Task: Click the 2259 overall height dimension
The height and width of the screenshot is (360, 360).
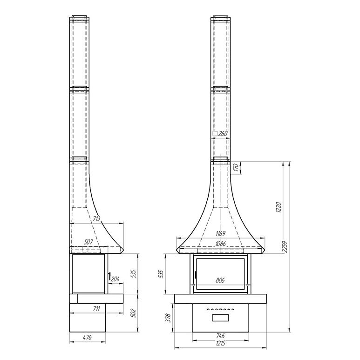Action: (285, 247)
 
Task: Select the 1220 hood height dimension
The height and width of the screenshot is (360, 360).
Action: (278, 207)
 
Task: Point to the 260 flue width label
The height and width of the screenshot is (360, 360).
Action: (223, 133)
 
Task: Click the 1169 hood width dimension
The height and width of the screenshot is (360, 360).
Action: (220, 234)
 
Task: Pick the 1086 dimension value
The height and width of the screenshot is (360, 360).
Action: (220, 244)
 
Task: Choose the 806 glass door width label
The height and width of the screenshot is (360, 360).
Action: (220, 280)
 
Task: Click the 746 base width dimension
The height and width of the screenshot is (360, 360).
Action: (220, 336)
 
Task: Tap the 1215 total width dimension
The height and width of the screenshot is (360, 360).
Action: (220, 343)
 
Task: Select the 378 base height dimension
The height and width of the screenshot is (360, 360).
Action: (169, 318)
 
